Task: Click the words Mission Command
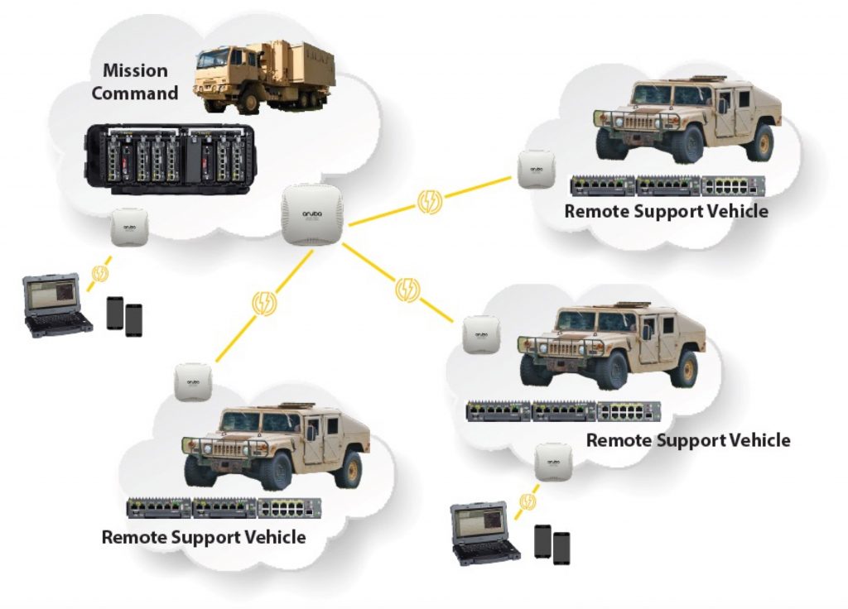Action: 134,82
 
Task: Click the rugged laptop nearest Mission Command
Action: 56,305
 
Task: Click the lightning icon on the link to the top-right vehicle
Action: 430,201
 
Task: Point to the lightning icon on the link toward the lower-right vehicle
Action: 407,289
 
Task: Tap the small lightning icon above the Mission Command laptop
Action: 101,272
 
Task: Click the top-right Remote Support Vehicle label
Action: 666,211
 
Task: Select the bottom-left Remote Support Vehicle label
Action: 204,537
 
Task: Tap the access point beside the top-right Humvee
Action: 536,169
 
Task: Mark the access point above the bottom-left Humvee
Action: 194,381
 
